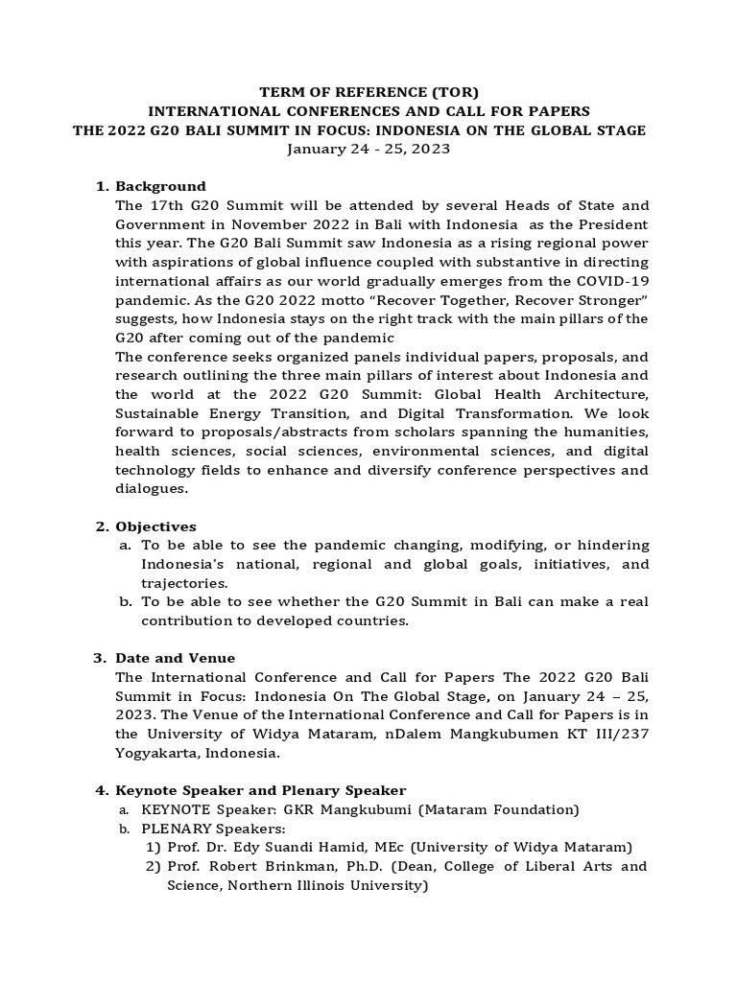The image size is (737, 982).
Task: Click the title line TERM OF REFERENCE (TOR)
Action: tap(368, 92)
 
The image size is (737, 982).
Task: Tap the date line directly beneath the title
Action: tap(368, 150)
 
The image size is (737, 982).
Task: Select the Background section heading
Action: tap(160, 186)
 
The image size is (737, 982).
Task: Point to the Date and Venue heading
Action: tap(175, 658)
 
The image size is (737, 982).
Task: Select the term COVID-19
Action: tap(614, 281)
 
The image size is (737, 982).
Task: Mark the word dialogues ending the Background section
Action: tap(151, 488)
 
